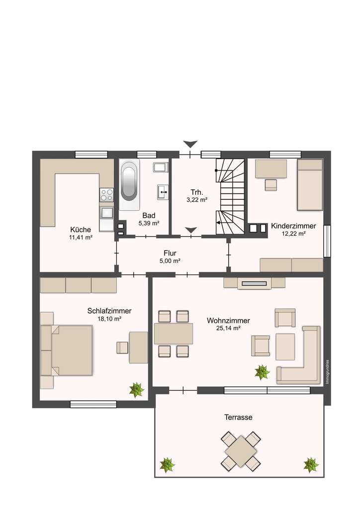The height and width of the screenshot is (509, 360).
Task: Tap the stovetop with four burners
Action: [x=106, y=194]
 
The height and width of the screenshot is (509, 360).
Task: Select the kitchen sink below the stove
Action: [x=106, y=213]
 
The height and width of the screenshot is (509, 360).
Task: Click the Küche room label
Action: [x=81, y=230]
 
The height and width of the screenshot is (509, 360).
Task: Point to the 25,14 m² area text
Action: [x=228, y=329]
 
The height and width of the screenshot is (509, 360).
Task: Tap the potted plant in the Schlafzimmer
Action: [x=136, y=390]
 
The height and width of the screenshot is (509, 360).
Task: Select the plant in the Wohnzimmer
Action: [x=262, y=372]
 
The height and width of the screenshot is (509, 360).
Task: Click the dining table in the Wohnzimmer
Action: [x=174, y=334]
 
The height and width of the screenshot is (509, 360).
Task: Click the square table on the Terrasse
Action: [x=241, y=451]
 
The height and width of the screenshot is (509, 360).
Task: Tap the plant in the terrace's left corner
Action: [x=167, y=465]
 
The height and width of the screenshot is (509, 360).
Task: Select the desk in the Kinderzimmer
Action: [x=271, y=169]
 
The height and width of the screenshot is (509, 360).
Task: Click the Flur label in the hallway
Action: [x=170, y=253]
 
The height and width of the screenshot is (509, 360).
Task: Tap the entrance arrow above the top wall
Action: [x=189, y=144]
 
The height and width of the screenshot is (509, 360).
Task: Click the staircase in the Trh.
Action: [x=230, y=196]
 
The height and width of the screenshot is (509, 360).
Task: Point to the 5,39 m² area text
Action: [x=149, y=223]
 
